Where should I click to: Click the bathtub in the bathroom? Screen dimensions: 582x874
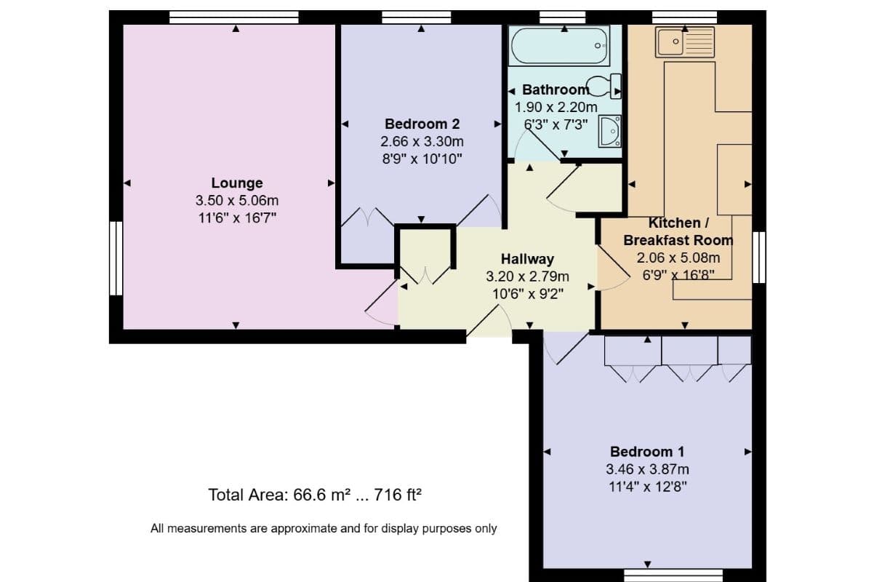(x=559, y=46)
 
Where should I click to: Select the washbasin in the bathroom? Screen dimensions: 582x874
(x=609, y=131)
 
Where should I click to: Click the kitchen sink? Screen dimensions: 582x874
(x=685, y=41)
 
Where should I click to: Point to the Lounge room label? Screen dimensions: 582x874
(x=236, y=183)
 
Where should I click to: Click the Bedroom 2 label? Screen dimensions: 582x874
(x=422, y=124)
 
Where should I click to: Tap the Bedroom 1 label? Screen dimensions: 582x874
(x=646, y=452)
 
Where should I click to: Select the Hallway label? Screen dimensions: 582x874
(x=527, y=259)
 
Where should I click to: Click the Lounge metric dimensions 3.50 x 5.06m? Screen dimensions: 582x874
(x=236, y=200)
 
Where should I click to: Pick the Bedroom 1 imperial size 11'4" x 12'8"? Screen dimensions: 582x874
(x=646, y=485)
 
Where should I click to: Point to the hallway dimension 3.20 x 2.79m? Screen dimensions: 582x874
(x=527, y=276)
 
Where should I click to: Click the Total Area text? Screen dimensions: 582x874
(x=316, y=495)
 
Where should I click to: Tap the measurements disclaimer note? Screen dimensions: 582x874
(x=324, y=529)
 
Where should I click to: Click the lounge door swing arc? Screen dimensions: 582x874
(x=380, y=306)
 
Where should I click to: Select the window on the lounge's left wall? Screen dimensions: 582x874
(x=115, y=258)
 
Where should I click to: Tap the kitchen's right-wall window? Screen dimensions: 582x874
(x=759, y=257)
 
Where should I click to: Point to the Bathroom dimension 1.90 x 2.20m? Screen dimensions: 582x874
(x=556, y=107)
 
